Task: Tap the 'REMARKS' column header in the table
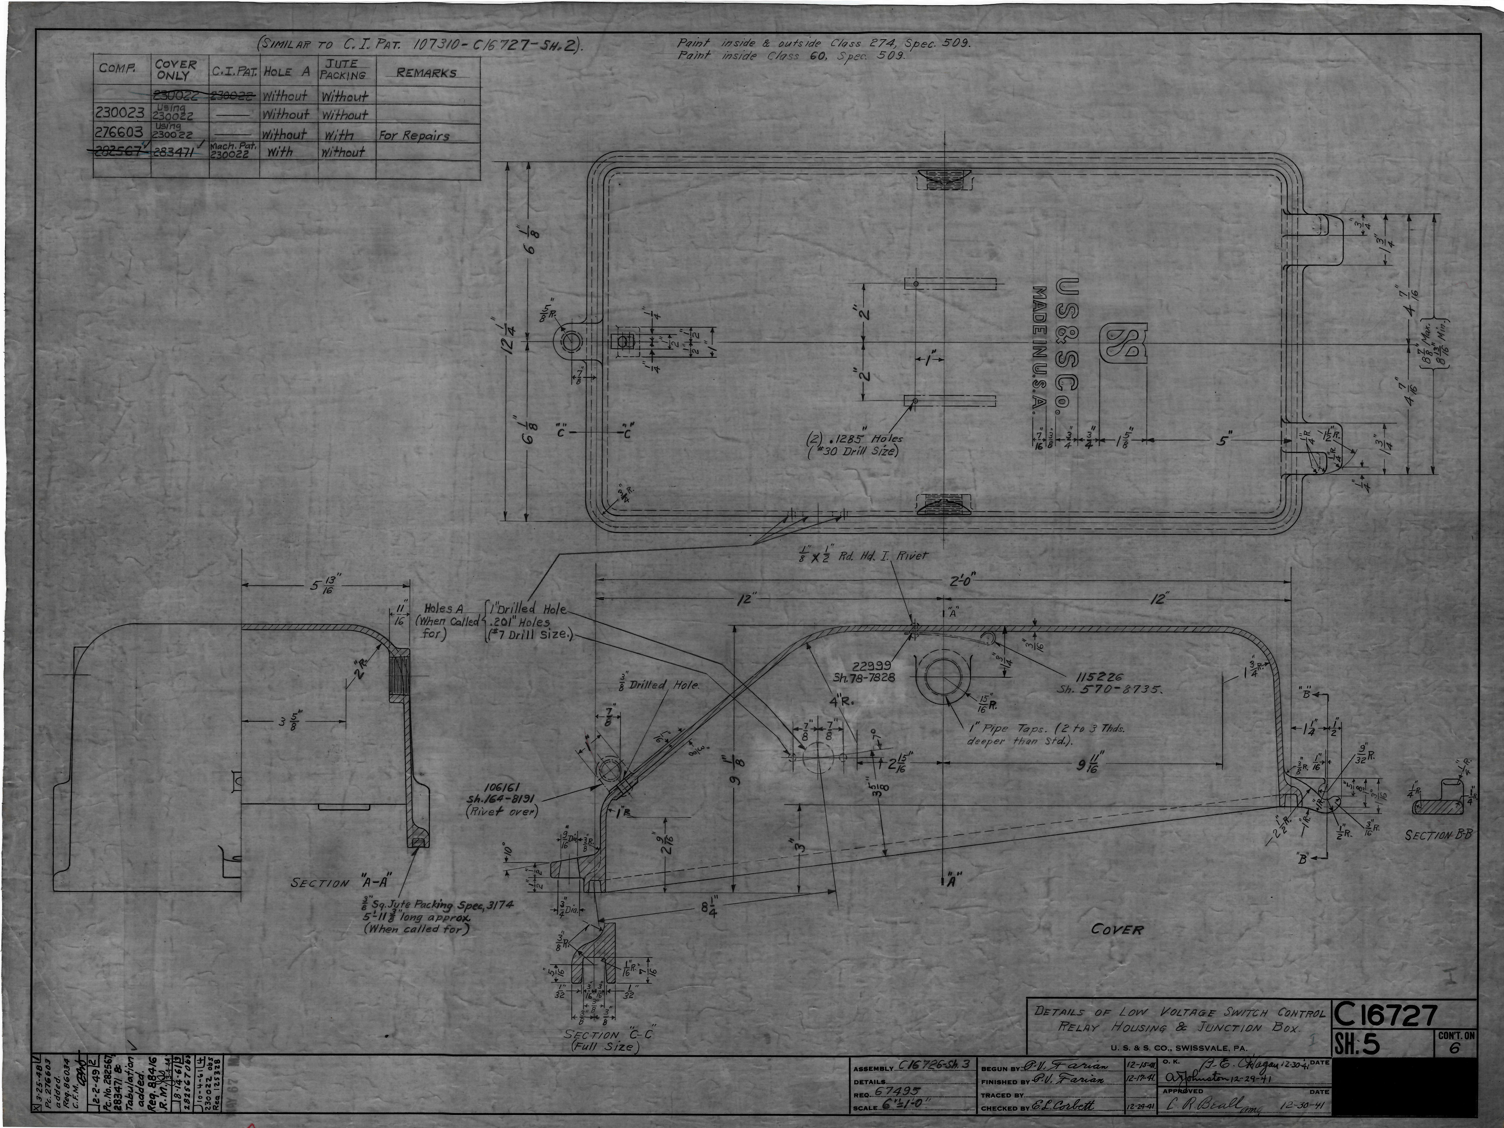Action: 426,73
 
